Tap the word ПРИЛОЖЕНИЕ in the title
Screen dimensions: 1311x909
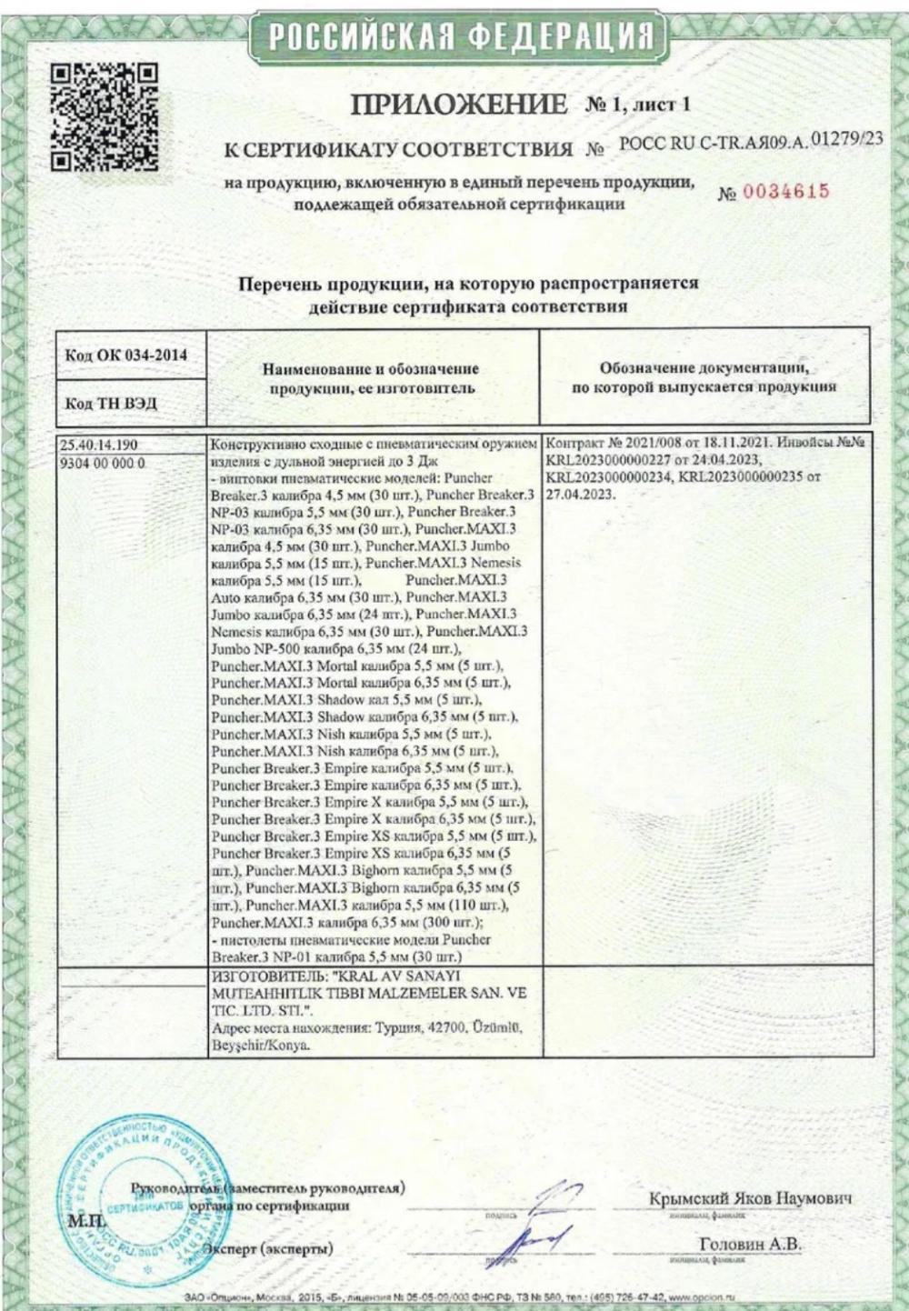point(458,105)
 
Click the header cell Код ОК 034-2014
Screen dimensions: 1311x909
point(126,355)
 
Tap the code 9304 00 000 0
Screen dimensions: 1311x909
point(101,463)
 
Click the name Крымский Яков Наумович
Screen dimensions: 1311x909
point(751,1198)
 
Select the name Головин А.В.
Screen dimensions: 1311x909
point(750,1244)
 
